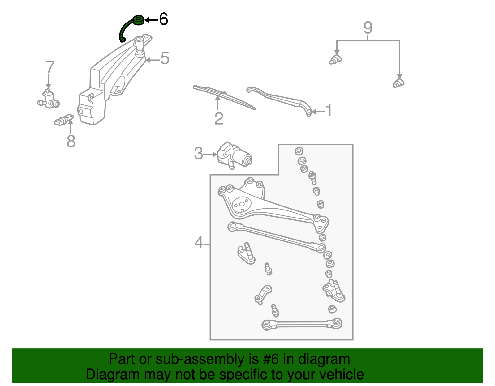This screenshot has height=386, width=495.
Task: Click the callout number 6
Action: tap(163, 19)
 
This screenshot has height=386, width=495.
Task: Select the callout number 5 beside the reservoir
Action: tap(165, 58)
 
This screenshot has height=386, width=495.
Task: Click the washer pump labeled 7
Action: tap(49, 100)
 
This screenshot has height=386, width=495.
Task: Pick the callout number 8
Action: tap(71, 142)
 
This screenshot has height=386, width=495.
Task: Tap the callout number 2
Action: tap(219, 119)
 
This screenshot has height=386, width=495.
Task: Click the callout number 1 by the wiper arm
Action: tap(329, 111)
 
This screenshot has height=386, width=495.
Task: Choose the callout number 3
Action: tap(198, 154)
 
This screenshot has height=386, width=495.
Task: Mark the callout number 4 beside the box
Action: tap(199, 243)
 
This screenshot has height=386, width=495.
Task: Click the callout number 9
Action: tap(368, 28)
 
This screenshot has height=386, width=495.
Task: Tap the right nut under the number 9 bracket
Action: tap(398, 83)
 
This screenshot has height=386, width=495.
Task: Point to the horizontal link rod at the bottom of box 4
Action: tap(302, 324)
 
